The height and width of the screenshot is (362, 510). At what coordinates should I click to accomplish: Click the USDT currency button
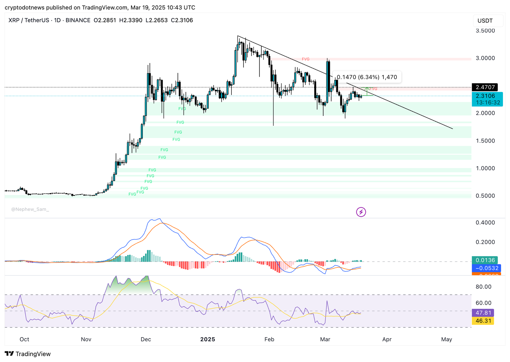pos(485,21)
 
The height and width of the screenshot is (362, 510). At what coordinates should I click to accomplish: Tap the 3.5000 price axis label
pos(485,31)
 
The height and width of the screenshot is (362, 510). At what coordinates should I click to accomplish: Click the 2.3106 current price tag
pos(485,96)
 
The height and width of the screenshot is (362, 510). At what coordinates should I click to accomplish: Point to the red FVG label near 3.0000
pos(305,59)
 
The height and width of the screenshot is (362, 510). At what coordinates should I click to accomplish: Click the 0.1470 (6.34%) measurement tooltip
pos(367,77)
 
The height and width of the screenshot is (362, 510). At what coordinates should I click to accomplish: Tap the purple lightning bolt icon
pos(361,212)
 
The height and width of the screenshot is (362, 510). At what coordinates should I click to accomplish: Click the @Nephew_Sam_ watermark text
pos(30,209)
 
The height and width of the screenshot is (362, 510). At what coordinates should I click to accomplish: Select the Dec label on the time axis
pos(146,339)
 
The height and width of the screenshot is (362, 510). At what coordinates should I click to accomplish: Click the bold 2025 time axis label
pos(208,339)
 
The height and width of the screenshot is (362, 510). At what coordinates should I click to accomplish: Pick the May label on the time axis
pos(447,339)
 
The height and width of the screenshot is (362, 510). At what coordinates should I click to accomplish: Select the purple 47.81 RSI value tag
pos(483,313)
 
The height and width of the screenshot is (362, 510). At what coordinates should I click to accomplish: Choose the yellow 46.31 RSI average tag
pos(483,321)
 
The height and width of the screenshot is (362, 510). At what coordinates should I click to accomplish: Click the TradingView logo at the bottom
pos(28,354)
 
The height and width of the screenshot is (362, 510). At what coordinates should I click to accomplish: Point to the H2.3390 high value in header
pos(131,20)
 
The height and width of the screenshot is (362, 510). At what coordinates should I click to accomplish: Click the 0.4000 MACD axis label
pos(485,223)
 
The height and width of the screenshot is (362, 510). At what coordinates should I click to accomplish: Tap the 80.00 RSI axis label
pos(483,287)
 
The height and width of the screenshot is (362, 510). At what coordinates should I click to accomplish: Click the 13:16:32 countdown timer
pos(488,103)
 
